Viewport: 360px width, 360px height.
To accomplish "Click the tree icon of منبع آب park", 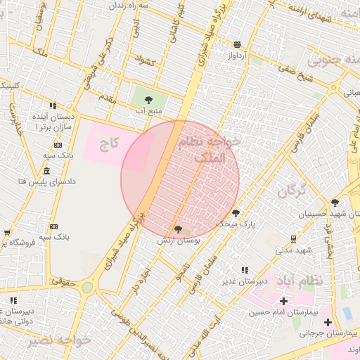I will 148,100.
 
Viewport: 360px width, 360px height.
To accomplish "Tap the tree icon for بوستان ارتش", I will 178,229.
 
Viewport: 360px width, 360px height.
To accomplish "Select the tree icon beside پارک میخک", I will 236,212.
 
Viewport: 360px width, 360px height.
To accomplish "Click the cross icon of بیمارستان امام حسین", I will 283,301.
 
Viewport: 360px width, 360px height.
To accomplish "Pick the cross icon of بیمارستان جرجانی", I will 328,322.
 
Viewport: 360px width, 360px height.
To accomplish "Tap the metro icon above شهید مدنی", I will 293,239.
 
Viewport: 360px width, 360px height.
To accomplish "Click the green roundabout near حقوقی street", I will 87,287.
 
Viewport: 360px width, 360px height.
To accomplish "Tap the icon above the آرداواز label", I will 237,44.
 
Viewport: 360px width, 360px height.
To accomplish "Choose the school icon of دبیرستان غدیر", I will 245,270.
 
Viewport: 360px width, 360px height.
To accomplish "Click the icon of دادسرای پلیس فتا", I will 46,172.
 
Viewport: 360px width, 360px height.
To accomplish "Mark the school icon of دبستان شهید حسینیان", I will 335,202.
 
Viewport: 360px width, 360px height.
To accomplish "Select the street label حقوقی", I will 63,279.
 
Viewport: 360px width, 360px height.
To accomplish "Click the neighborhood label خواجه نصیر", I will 60,340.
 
